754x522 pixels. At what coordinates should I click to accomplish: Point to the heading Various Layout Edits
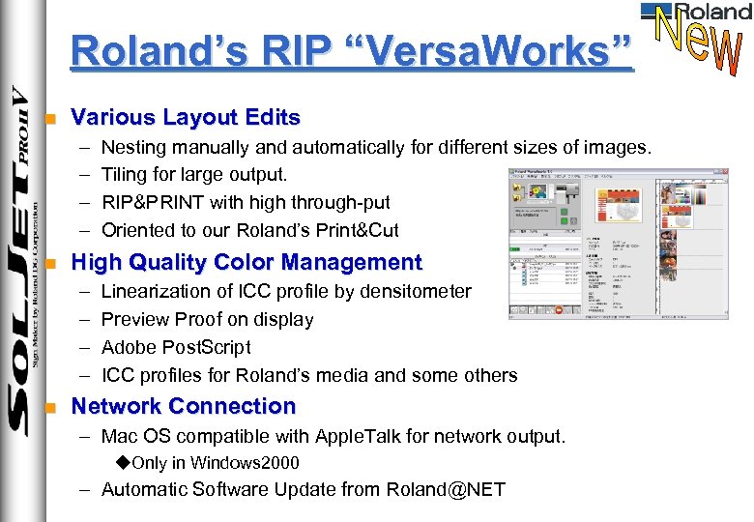pyautogui.click(x=186, y=118)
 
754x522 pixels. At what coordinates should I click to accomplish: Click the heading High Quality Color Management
pyautogui.click(x=246, y=262)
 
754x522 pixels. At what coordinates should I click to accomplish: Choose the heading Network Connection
pyautogui.click(x=184, y=406)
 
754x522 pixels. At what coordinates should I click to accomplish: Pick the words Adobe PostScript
pyautogui.click(x=176, y=347)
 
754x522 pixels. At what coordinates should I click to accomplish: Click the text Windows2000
pyautogui.click(x=245, y=463)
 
